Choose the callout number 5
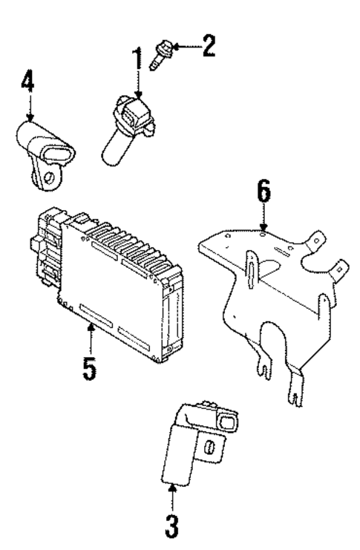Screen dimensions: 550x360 click(89, 368)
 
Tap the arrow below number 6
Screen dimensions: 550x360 click(264, 221)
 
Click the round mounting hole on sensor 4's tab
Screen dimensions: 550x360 click(47, 179)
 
